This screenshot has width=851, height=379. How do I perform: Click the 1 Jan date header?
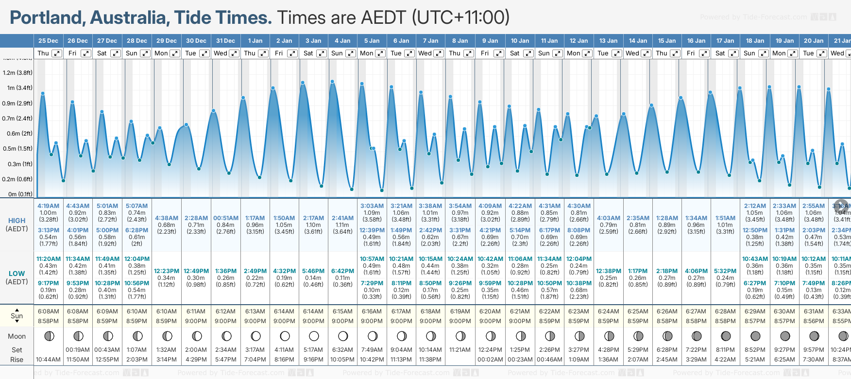tap(255, 41)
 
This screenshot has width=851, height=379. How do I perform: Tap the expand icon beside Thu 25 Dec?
tap(56, 53)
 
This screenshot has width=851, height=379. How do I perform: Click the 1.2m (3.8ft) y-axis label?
tap(17, 73)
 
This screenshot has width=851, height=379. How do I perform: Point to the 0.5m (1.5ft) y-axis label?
tap(17, 149)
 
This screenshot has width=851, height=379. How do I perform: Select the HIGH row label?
tap(17, 221)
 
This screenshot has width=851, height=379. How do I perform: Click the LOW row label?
tap(17, 274)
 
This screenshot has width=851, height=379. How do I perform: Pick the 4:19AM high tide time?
tap(48, 206)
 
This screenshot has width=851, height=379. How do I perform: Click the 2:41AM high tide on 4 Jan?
tap(342, 218)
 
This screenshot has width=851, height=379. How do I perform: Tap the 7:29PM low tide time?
tap(372, 283)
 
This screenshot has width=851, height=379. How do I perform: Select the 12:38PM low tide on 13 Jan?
tap(608, 271)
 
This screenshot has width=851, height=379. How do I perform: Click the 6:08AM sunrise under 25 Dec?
tap(48, 311)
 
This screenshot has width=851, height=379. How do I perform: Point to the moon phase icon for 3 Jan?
tap(314, 336)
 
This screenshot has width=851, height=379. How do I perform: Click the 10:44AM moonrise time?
tap(48, 360)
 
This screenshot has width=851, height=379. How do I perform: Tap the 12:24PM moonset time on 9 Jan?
tap(490, 350)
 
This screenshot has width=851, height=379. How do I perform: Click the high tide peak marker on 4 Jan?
tap(333, 82)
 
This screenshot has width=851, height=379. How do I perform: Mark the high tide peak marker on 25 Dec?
tap(43, 93)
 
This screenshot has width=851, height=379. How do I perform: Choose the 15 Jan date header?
tap(667, 41)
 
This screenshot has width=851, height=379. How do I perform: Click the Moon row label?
tap(17, 336)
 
